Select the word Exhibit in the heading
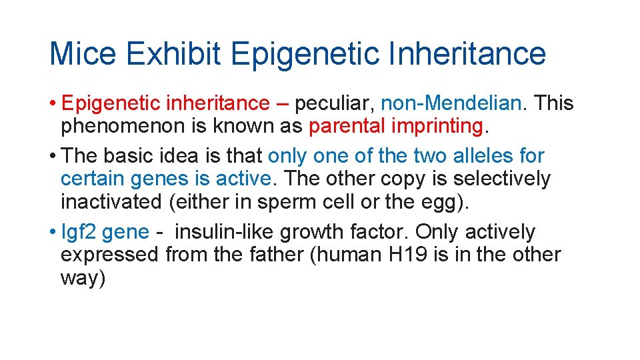point(173,54)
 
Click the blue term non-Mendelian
point(451,103)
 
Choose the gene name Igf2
point(79,232)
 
